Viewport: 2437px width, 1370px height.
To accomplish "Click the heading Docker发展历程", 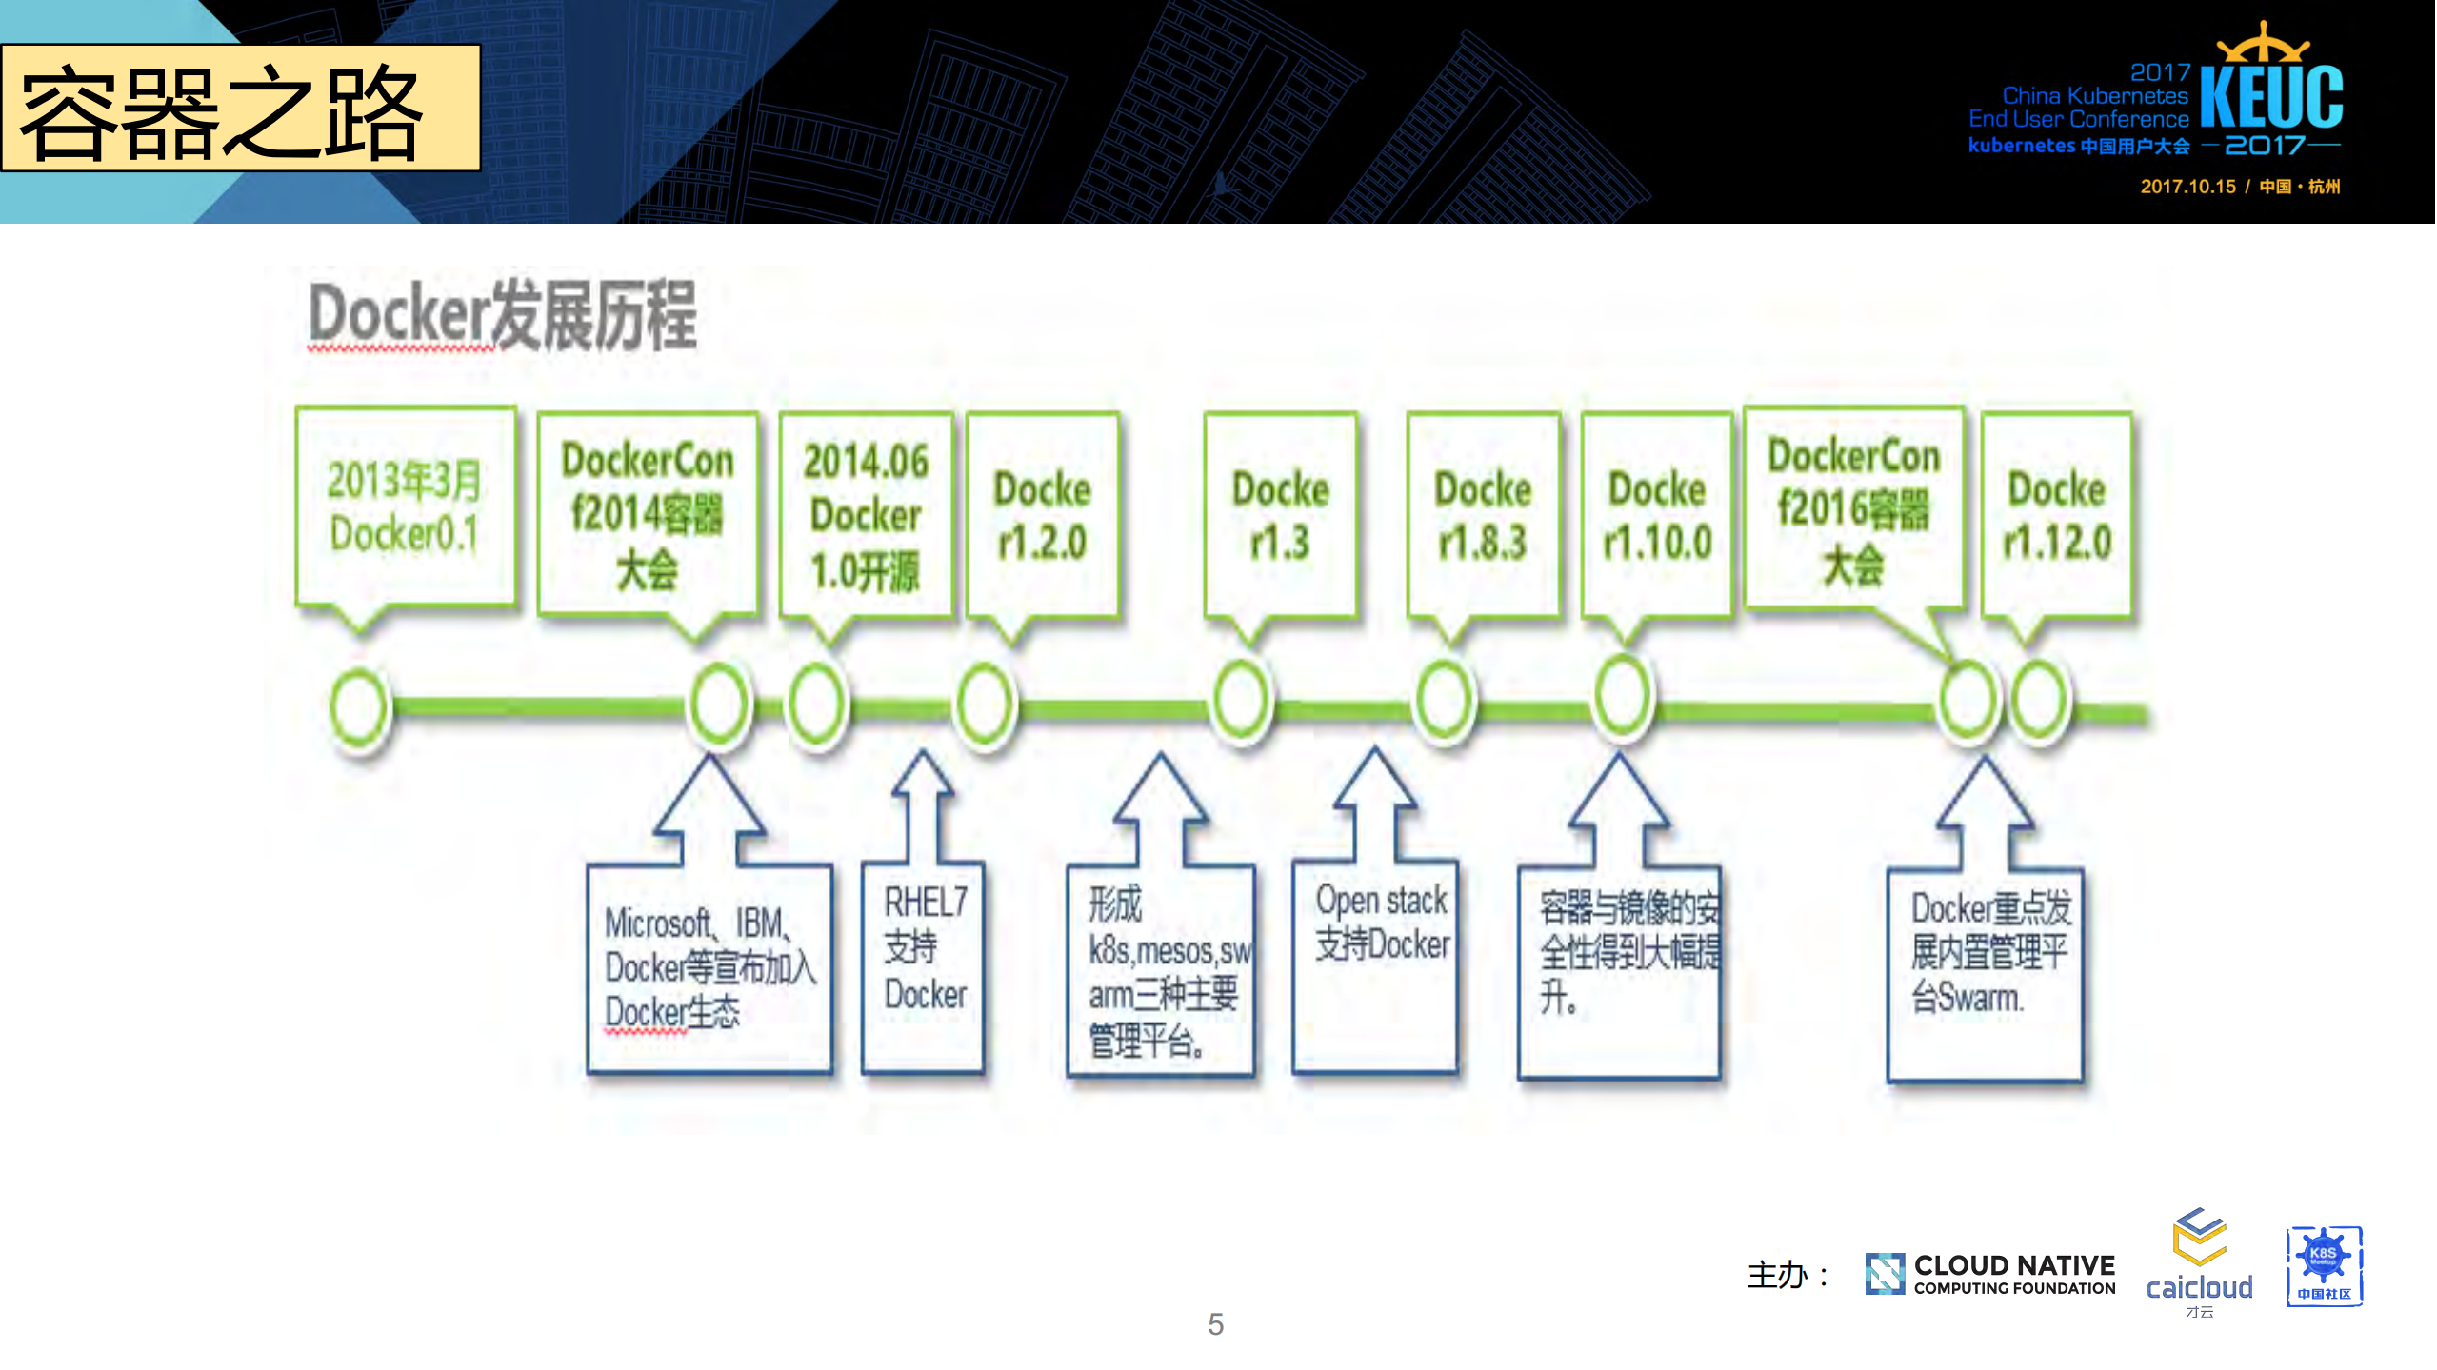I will (x=503, y=317).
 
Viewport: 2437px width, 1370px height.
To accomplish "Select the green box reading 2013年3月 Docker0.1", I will (x=406, y=506).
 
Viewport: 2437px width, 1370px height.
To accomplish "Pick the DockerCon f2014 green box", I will (x=648, y=514).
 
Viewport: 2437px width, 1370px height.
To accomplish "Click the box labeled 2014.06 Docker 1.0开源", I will (x=866, y=514).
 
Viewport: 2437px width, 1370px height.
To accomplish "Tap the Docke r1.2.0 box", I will (x=1042, y=514).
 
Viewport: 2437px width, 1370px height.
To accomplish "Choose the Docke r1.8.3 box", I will (x=1483, y=514).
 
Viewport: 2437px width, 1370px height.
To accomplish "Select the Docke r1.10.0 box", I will (x=1657, y=514).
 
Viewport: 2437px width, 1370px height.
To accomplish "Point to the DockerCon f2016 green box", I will (x=1853, y=508).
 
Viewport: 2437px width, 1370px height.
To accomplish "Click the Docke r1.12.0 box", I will (x=2057, y=514).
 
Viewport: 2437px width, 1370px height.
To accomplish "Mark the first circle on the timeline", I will (x=360, y=706).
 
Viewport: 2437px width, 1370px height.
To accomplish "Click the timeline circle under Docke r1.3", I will (x=1241, y=701).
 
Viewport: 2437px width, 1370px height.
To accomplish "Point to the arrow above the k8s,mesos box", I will (x=1161, y=809).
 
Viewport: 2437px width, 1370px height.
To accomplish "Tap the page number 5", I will (x=1215, y=1324).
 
